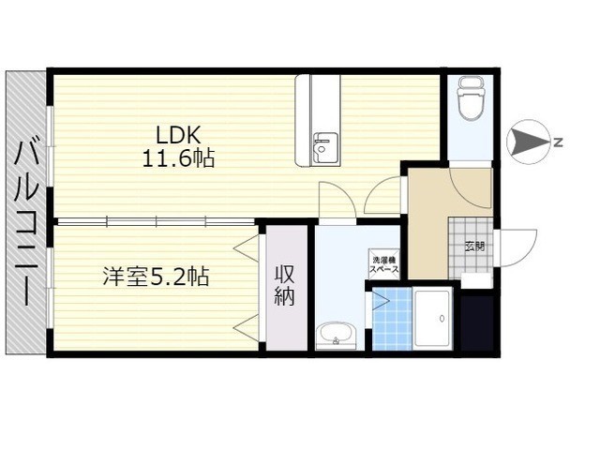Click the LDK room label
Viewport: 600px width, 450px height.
[177, 135]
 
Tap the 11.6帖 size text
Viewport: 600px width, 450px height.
[178, 158]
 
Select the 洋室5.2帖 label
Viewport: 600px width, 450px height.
[156, 277]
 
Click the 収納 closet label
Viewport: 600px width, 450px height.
[285, 285]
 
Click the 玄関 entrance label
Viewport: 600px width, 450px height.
[474, 246]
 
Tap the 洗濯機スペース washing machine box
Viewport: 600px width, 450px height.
[383, 264]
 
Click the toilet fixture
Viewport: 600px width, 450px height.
[472, 98]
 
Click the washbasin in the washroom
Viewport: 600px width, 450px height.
[337, 335]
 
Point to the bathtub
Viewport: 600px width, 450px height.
[432, 320]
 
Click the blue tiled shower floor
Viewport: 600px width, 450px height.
[392, 319]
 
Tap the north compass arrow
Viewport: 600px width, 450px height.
[529, 142]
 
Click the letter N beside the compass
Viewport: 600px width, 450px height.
[559, 142]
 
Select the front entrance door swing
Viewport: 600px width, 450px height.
[516, 247]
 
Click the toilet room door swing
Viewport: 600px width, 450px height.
[471, 187]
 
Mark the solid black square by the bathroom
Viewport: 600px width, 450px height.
[478, 322]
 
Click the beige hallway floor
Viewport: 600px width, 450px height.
[427, 223]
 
